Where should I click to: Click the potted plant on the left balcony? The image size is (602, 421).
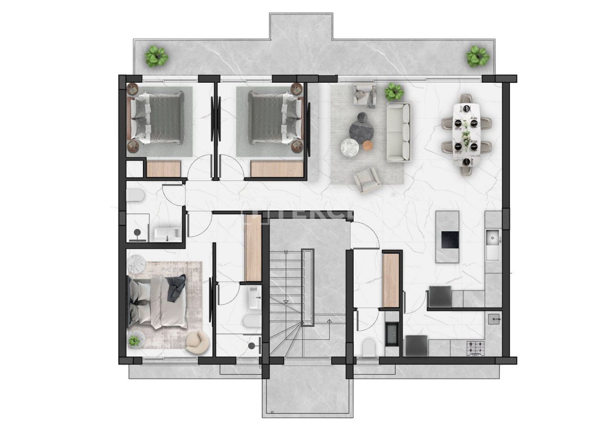(156, 56)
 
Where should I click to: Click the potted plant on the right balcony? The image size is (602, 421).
(477, 56)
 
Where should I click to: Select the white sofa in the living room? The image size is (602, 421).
(398, 132)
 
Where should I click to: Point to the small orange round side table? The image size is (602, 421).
(367, 146)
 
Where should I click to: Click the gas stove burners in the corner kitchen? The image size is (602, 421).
(475, 348)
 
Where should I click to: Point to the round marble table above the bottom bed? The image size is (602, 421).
(137, 264)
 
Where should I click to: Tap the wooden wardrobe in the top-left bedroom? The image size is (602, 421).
(163, 169)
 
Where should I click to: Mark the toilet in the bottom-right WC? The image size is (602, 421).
(370, 348)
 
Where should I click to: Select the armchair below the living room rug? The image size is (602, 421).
(368, 179)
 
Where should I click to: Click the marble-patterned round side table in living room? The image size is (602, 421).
(349, 148)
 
